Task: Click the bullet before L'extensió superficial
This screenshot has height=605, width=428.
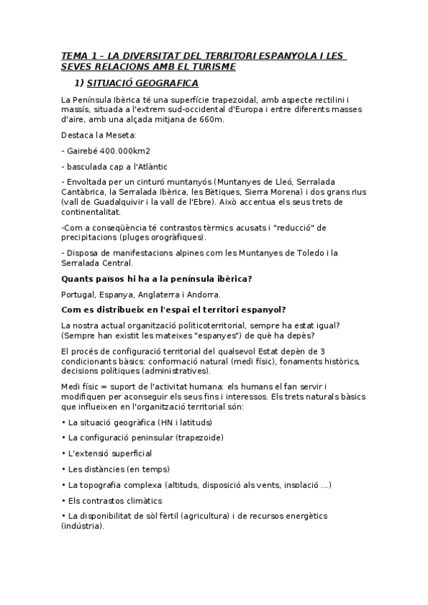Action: [64, 453]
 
